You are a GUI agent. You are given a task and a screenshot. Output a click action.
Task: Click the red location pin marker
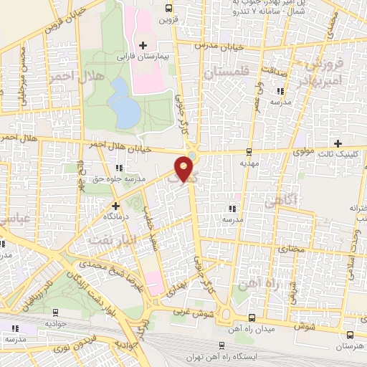tap(184, 169)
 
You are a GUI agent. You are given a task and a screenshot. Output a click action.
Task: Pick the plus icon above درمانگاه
tap(106, 206)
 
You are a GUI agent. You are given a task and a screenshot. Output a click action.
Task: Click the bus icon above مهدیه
tap(249, 151)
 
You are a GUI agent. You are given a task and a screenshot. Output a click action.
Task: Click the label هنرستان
tap(349, 345)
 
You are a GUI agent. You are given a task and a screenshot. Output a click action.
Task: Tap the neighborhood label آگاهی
tap(280, 202)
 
